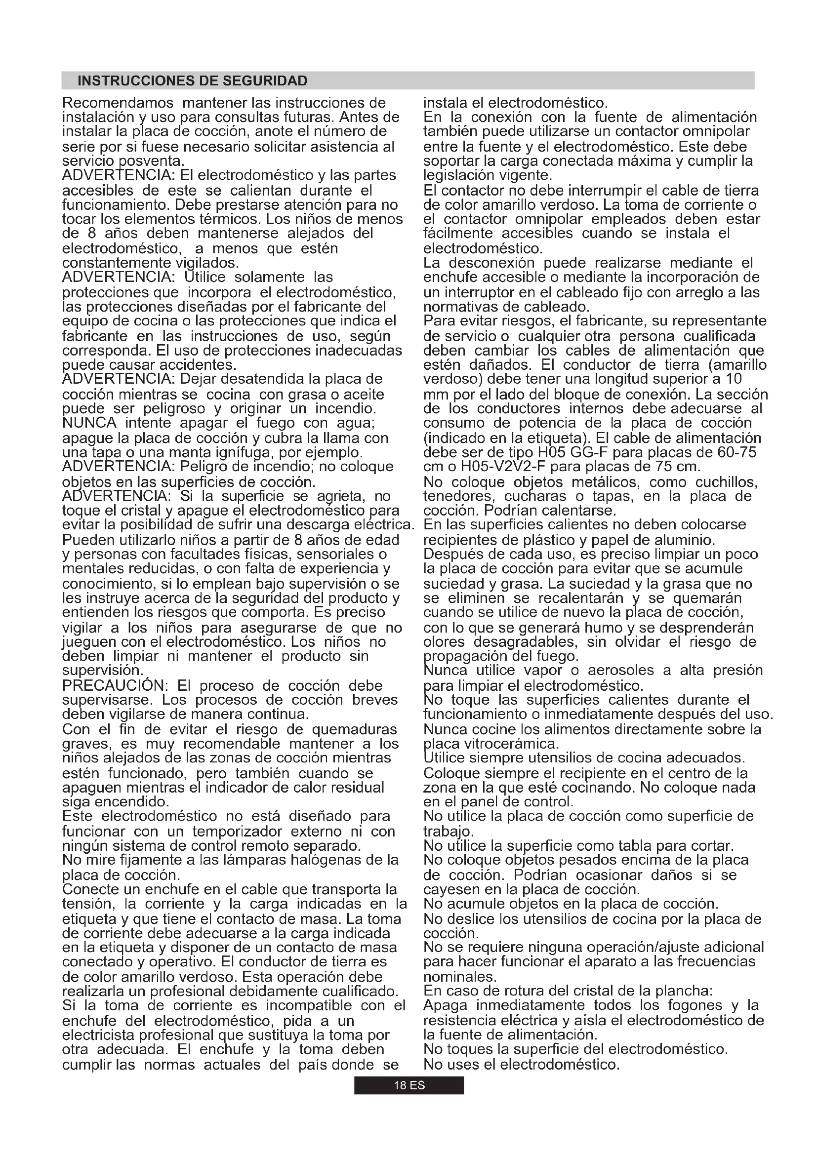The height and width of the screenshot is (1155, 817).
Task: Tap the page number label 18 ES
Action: (408, 1085)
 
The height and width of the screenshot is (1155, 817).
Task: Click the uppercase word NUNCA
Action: (89, 423)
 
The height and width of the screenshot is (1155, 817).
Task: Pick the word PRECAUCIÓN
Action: (114, 686)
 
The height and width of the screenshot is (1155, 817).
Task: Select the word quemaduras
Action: (354, 729)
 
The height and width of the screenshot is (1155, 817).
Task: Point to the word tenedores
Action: (453, 496)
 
